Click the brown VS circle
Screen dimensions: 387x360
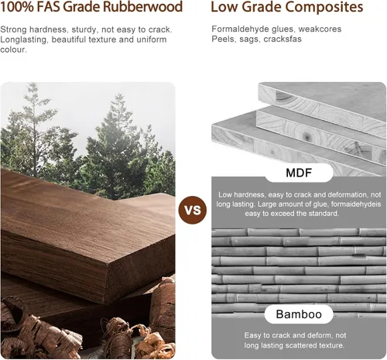pyautogui.click(x=193, y=210)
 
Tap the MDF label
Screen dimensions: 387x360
pyautogui.click(x=299, y=173)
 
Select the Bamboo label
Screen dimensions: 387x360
pyautogui.click(x=299, y=314)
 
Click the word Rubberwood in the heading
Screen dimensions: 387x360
pyautogui.click(x=142, y=7)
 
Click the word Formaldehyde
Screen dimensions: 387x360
pyautogui.click(x=240, y=29)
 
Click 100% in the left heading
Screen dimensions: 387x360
pyautogui.click(x=17, y=7)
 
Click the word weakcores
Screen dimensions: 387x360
pyautogui.click(x=320, y=29)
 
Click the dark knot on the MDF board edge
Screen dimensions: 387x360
pyautogui.click(x=307, y=135)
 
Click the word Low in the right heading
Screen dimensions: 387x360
pyautogui.click(x=224, y=7)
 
